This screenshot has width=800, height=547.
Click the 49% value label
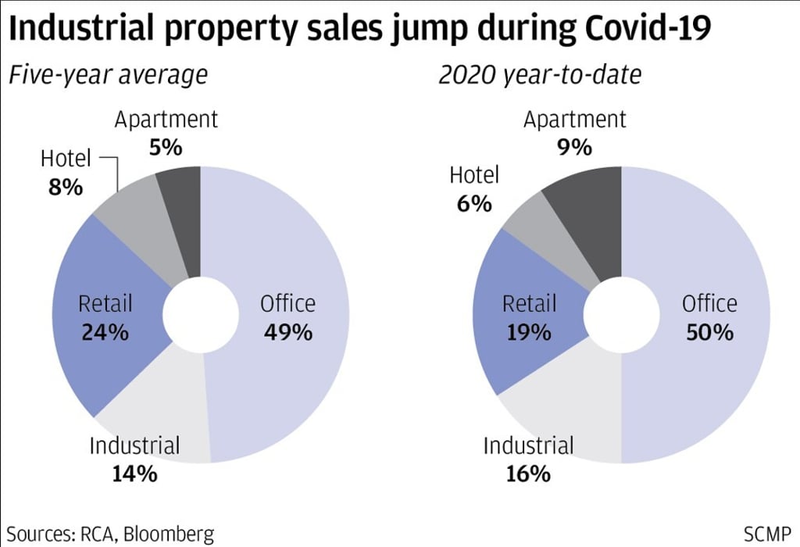coord(287,332)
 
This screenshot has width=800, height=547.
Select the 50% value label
coord(709,332)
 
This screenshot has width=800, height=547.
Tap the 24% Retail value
coord(105,332)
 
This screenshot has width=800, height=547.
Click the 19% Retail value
coord(528,332)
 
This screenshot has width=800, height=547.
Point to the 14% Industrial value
coord(134,474)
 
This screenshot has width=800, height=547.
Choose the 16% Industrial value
coord(528,474)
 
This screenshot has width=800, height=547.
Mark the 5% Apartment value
coord(166,147)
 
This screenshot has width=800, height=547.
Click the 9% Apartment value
coord(575,147)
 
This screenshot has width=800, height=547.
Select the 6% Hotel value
coord(473,203)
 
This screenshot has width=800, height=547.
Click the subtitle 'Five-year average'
coord(107,76)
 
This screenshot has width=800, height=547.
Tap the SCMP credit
coord(769,534)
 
